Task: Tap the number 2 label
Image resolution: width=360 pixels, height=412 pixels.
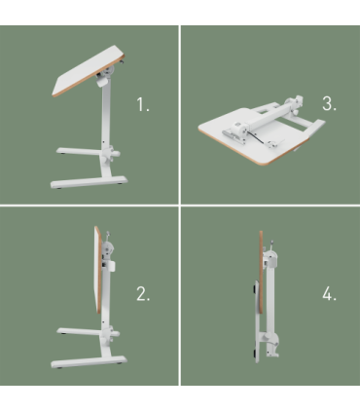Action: (142, 295)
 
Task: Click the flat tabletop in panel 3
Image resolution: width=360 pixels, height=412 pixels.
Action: (234, 141)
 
